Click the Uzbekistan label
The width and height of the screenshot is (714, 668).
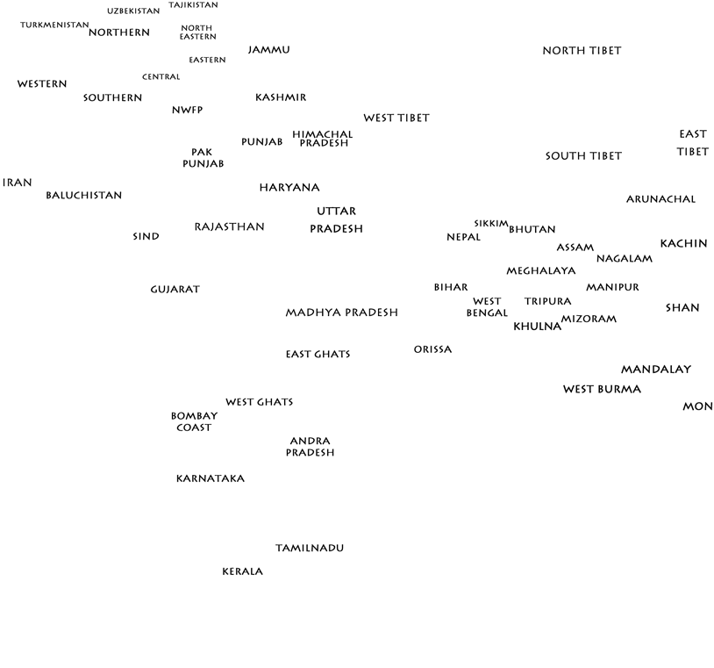[x=133, y=11]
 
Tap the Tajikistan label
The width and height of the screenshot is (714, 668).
[x=193, y=5]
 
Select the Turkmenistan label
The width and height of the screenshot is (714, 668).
[x=54, y=25]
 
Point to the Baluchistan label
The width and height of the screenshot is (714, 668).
[x=84, y=195]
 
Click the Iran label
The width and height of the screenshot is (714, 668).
[x=18, y=183]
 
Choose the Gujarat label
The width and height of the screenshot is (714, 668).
[x=175, y=289]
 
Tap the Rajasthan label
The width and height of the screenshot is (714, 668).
[x=229, y=226]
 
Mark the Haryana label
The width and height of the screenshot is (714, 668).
[x=289, y=187]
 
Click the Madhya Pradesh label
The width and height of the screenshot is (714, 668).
[x=341, y=312]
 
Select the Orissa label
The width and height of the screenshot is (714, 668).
[x=432, y=349]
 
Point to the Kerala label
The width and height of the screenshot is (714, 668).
[x=242, y=571]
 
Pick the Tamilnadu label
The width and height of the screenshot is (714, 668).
[x=310, y=548]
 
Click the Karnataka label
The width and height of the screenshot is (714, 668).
[x=211, y=478]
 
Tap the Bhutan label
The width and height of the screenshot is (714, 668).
[x=532, y=229]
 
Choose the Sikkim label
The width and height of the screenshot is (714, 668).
[x=491, y=223]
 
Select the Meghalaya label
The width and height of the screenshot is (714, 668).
[x=541, y=270]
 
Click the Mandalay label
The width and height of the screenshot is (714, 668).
[x=656, y=370]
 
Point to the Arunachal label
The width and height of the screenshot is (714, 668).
[x=660, y=199]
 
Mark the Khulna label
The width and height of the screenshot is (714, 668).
[x=537, y=327]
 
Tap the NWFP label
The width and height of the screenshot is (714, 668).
[x=188, y=110]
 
